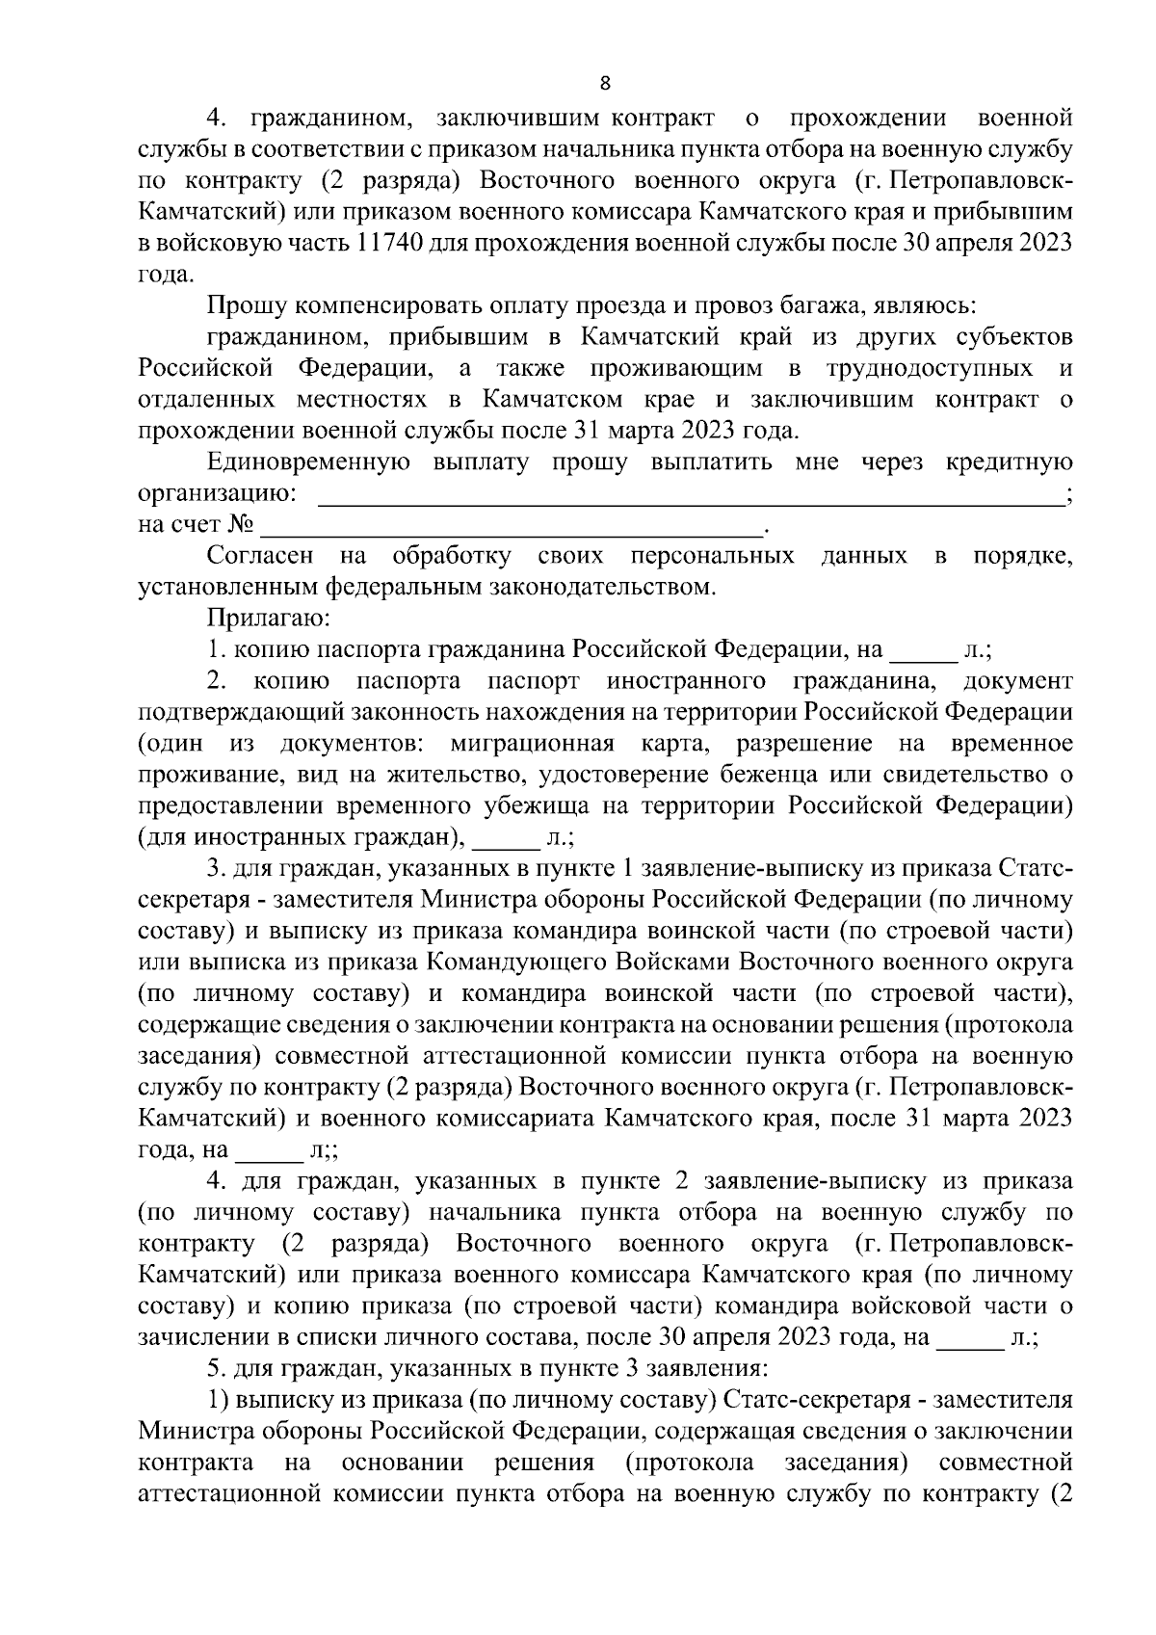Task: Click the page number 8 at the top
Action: (604, 83)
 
